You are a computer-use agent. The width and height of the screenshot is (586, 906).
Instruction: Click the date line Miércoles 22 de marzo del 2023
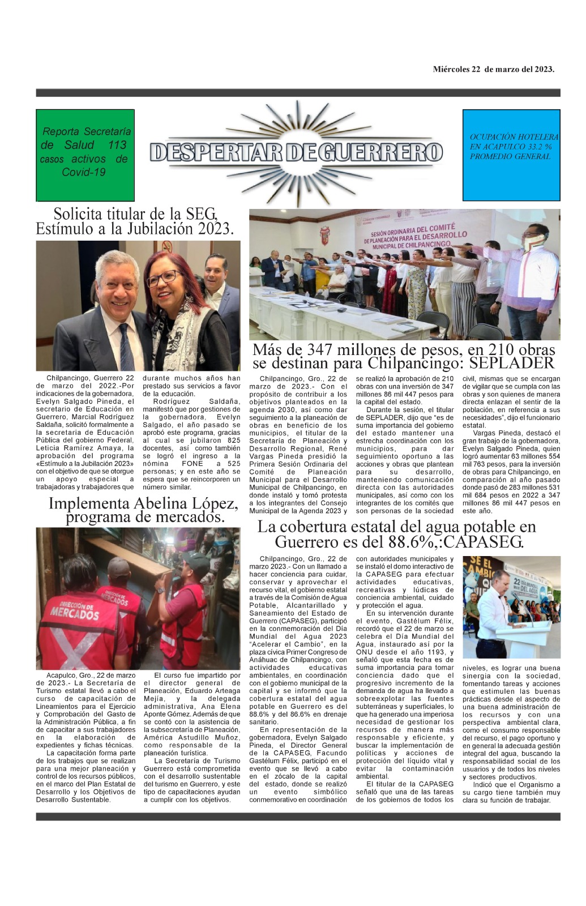(x=493, y=70)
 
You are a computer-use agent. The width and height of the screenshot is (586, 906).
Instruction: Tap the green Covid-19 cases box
(x=85, y=155)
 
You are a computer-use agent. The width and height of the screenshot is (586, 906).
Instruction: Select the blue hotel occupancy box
(x=511, y=155)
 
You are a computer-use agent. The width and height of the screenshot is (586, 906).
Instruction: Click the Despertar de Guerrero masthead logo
(x=296, y=152)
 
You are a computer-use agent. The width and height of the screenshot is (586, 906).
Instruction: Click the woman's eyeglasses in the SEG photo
(x=164, y=278)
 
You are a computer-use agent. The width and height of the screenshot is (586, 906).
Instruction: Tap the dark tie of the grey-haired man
(x=126, y=345)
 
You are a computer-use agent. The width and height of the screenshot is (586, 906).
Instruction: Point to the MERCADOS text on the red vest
(x=75, y=612)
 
